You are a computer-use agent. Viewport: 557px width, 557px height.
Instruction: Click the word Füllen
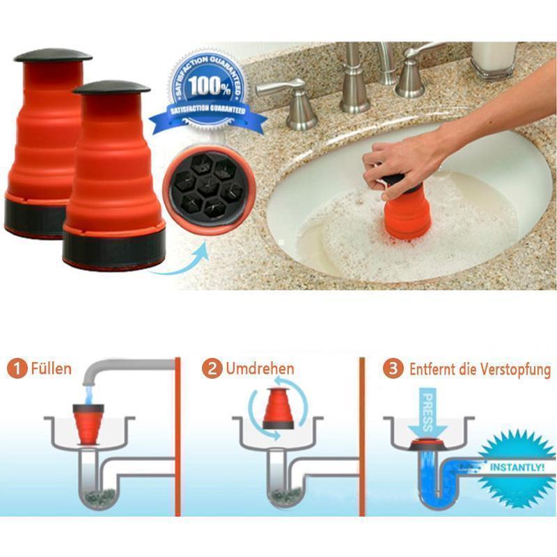tap(51, 368)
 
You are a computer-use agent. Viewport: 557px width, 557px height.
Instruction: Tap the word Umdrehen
tap(260, 369)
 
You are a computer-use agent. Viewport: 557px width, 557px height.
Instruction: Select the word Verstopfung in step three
tap(515, 370)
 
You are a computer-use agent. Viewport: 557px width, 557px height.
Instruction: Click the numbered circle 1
tap(17, 369)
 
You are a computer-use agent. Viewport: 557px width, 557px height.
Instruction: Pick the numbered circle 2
tap(212, 369)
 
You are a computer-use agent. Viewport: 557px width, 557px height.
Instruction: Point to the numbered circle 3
tap(393, 369)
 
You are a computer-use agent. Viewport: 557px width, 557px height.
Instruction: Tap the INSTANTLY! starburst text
tap(517, 467)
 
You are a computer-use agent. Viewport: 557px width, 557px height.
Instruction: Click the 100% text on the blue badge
tap(210, 86)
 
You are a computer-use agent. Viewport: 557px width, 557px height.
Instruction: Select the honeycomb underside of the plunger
tap(208, 190)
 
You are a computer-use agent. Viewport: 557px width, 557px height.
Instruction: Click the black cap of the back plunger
tap(53, 55)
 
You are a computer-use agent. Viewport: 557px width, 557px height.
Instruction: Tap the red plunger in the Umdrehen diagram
tap(278, 409)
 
